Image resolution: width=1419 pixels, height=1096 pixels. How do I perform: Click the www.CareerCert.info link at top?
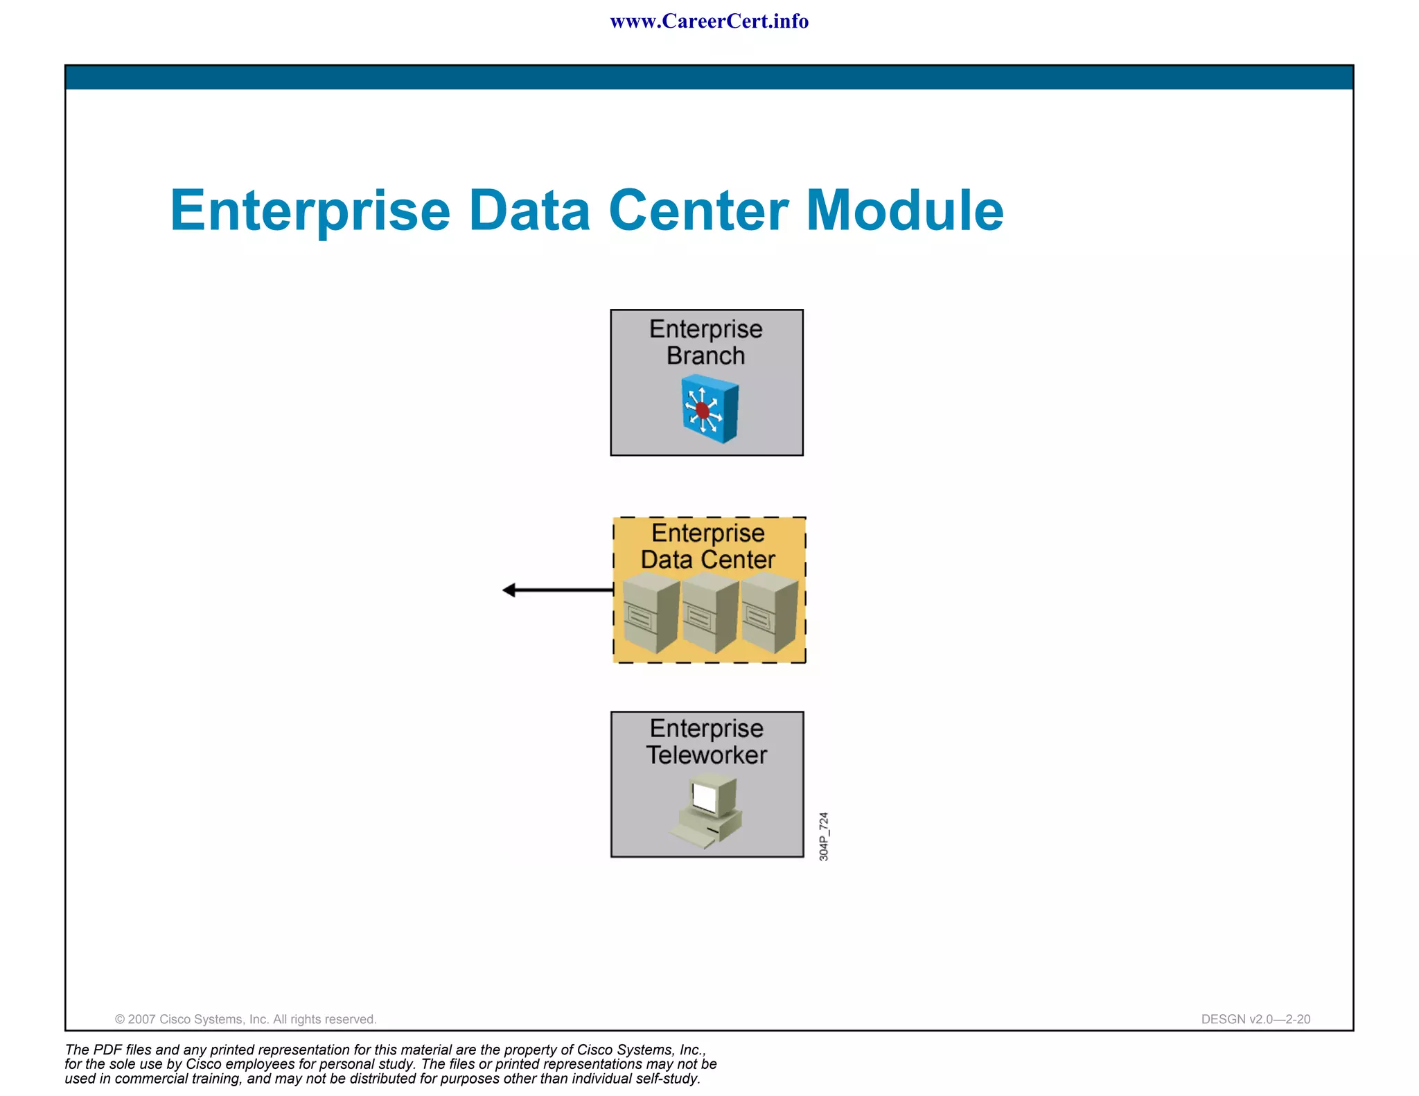coord(709,21)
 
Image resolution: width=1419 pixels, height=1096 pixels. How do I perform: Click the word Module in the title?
coord(905,211)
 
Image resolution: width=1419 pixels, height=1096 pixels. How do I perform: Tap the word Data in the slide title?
coord(529,211)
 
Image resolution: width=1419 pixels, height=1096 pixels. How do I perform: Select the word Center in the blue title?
coord(698,211)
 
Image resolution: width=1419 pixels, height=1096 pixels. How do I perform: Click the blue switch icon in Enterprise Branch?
coord(709,409)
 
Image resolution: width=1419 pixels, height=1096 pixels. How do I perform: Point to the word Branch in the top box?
coord(705,356)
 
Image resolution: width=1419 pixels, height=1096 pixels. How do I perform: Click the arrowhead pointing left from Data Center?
coord(510,590)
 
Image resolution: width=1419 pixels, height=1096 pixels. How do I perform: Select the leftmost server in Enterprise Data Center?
coord(650,614)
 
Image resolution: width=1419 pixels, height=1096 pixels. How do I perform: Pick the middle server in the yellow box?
coord(709,614)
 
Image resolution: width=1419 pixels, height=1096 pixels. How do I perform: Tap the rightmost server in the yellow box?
coord(769,614)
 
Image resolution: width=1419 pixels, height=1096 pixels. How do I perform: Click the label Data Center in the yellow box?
coord(707,560)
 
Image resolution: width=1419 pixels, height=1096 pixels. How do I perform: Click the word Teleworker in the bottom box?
coord(707,755)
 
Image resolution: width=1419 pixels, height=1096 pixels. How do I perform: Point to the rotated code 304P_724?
coord(824,837)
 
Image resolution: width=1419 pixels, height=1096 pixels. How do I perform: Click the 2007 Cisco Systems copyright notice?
coord(245,1019)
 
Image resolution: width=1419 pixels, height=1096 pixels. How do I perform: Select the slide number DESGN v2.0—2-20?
coord(1255,1019)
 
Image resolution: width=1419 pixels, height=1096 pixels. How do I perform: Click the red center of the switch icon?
coord(703,411)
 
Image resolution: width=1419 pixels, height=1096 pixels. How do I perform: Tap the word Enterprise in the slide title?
coord(310,211)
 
